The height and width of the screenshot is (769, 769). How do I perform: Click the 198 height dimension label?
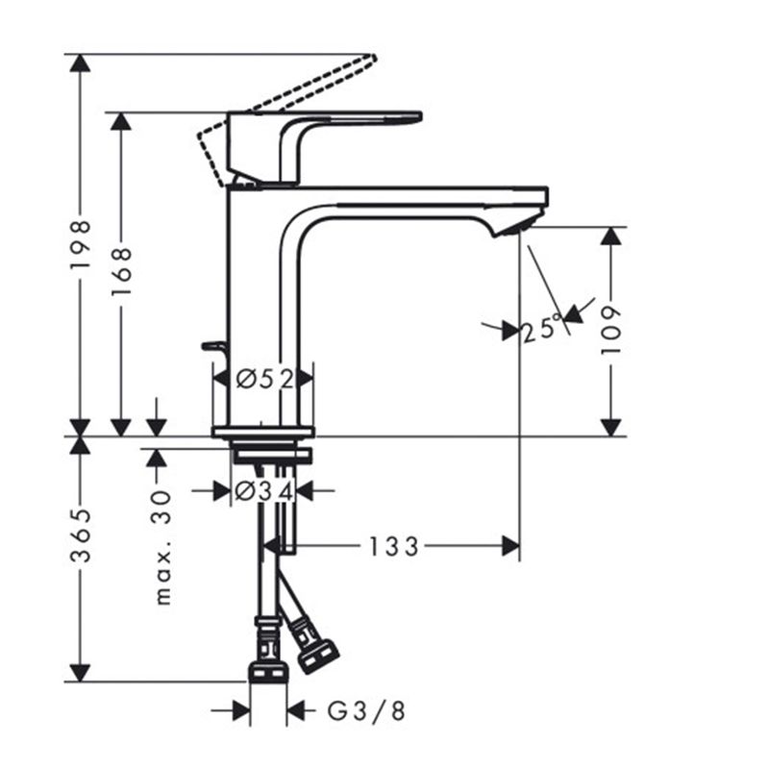81,244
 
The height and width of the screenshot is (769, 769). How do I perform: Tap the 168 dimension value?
122,271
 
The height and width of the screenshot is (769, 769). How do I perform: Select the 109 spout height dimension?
611,330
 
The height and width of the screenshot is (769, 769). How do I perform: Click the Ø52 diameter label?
265,379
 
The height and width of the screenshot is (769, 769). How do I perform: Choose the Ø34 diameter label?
263,491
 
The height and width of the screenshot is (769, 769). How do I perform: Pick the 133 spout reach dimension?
394,547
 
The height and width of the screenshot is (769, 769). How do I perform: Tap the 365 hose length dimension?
81,535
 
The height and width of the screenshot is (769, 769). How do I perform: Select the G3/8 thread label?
366,711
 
